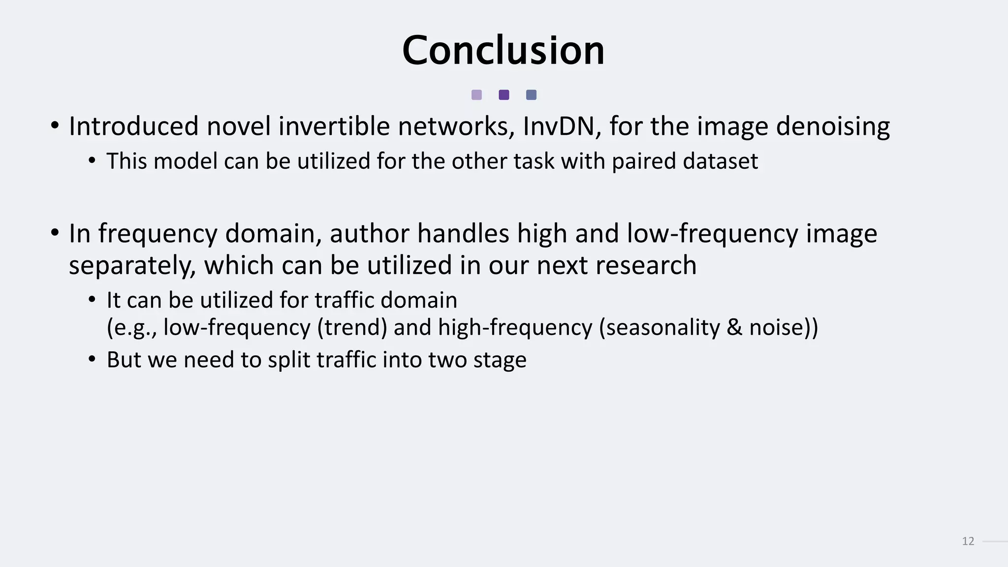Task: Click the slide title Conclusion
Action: (503, 50)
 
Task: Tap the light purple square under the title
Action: (476, 95)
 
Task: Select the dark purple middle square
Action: (504, 95)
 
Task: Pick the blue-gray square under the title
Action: (531, 95)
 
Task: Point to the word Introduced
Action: (134, 126)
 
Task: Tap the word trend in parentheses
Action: (352, 328)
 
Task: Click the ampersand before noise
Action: (734, 328)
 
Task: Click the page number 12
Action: (968, 541)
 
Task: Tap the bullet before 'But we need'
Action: (92, 359)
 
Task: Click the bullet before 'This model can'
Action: (92, 161)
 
